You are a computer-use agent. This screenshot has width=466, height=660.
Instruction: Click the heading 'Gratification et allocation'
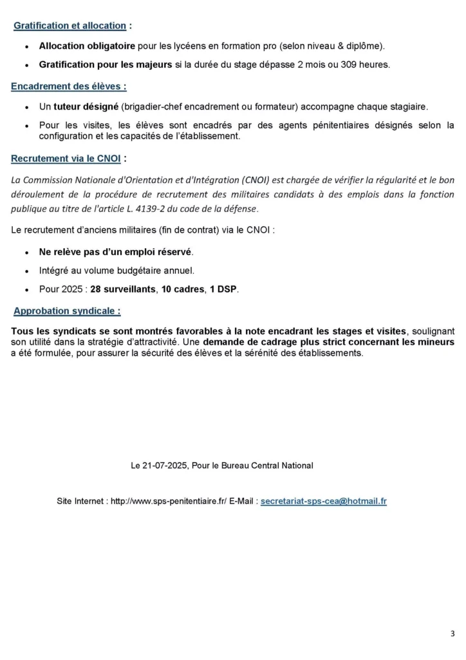coord(70,26)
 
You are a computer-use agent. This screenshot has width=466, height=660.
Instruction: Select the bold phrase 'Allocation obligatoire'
coord(87,46)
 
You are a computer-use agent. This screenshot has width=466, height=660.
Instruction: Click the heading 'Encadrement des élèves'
coord(68,86)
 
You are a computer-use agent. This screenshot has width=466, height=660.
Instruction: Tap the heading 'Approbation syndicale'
coord(67,311)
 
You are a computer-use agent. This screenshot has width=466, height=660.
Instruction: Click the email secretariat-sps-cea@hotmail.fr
coord(324,500)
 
